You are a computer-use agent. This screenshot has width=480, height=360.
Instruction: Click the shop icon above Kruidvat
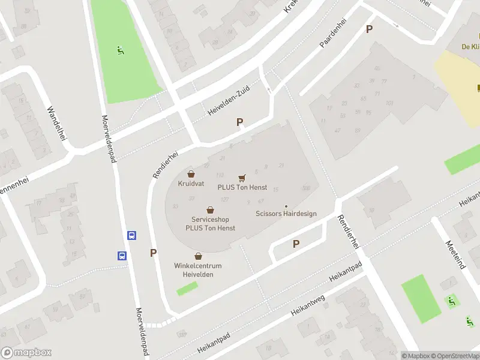191,174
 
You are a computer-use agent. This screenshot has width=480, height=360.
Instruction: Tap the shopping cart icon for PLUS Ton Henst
242,178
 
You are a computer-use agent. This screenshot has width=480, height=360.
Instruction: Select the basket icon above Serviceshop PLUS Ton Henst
210,210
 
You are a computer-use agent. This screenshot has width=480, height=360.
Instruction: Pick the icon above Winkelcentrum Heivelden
198,256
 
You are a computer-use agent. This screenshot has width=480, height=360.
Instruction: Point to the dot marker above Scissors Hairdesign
286,206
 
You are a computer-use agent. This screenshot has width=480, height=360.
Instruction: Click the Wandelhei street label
56,124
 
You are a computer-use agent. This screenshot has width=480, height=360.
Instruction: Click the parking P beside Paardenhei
369,29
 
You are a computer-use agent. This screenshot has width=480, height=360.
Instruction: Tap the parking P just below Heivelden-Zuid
240,122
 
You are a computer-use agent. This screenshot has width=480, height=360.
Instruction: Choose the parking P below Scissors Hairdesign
295,244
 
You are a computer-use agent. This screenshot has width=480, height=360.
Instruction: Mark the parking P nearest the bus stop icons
154,253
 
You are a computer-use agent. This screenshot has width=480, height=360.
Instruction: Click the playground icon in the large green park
121,51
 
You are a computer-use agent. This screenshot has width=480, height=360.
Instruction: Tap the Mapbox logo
26,353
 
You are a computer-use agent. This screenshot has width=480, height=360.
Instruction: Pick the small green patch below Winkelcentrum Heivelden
187,289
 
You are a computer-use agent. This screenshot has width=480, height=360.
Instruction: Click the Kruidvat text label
191,184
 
